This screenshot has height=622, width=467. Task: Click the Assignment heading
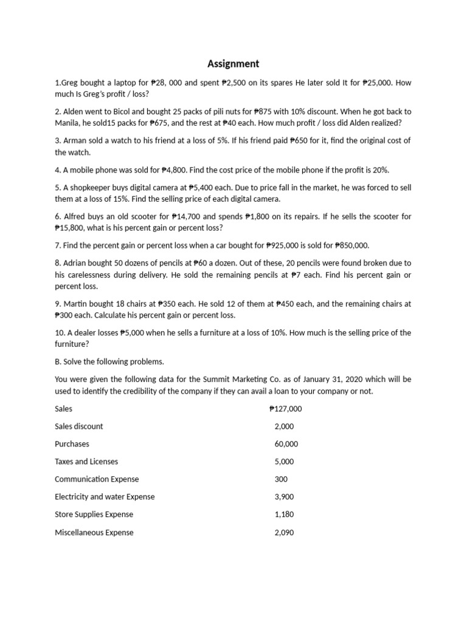tap(233, 64)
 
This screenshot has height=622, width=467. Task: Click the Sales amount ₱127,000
tap(285, 409)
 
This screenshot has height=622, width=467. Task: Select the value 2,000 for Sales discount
tap(284, 426)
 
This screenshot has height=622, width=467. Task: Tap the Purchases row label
tap(72, 444)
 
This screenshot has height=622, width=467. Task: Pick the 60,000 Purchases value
tap(286, 444)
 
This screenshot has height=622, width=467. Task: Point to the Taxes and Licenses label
tap(86, 462)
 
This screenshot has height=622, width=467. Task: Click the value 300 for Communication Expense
tap(281, 479)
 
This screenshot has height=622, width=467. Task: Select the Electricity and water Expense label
tap(105, 497)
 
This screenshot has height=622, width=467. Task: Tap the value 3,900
tap(284, 497)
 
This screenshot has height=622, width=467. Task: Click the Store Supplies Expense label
tap(94, 514)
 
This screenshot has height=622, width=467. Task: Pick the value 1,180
tap(284, 514)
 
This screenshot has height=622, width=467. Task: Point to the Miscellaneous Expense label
tap(94, 533)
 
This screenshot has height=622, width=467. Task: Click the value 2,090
tap(284, 533)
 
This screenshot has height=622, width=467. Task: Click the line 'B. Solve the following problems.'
tap(109, 362)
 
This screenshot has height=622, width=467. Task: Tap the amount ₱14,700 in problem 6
tap(186, 216)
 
